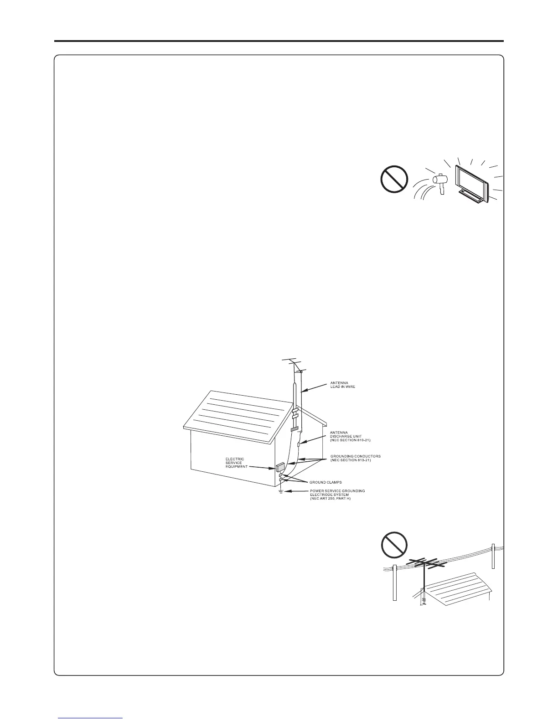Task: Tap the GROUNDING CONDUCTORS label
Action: pyautogui.click(x=356, y=458)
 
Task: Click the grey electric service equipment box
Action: pyautogui.click(x=279, y=467)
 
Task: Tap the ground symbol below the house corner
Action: pyautogui.click(x=281, y=492)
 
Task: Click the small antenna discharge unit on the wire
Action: pyautogui.click(x=299, y=444)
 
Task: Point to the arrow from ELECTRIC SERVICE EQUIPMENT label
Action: pyautogui.click(x=262, y=467)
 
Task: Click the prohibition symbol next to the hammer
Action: pyautogui.click(x=394, y=179)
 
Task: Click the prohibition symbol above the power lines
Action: pyautogui.click(x=394, y=545)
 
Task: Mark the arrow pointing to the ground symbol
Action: pyautogui.click(x=297, y=491)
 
